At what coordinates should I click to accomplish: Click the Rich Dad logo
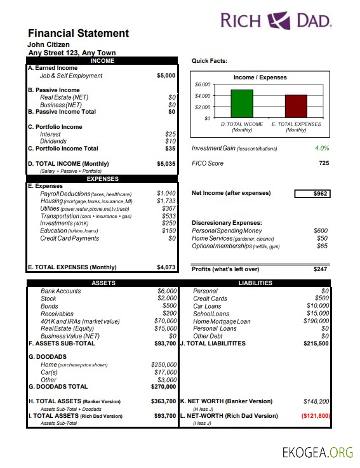(276, 21)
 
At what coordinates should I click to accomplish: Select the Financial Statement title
(78, 34)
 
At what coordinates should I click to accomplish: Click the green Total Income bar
(241, 104)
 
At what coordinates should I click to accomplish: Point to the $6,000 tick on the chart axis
(203, 84)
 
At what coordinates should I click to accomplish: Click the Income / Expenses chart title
(260, 77)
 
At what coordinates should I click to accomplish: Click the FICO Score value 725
(323, 164)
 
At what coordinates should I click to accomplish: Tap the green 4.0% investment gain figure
(321, 149)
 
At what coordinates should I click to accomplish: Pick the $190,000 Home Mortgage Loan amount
(316, 321)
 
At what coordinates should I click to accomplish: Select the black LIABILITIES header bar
(255, 283)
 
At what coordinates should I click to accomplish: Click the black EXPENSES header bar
(103, 179)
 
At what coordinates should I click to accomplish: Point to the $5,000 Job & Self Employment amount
(166, 76)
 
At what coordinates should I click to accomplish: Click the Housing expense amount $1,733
(166, 201)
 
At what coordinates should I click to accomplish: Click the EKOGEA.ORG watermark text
(317, 452)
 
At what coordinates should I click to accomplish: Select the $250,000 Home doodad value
(163, 364)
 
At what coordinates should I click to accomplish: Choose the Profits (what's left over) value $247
(320, 269)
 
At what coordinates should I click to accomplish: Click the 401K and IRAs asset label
(80, 321)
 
